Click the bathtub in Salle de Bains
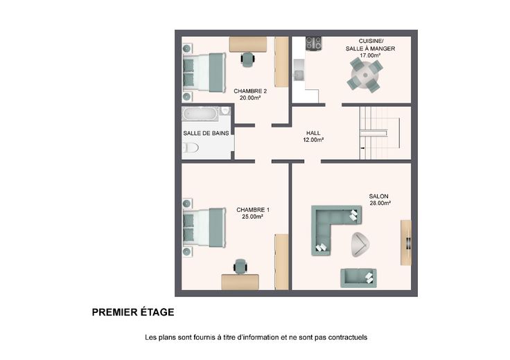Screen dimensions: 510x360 click(200, 114)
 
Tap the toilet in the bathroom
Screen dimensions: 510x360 click(191, 148)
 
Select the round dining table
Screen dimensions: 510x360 click(365, 75)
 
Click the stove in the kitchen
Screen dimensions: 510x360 click(313, 43)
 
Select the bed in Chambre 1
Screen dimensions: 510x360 click(204, 228)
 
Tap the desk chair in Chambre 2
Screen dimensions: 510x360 click(248, 59)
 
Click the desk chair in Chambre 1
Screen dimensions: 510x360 click(240, 267)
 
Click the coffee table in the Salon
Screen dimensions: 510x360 click(360, 244)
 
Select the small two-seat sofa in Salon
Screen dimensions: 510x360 click(358, 278)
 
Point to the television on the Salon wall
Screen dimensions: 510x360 click(409, 243)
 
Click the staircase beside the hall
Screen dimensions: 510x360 click(380, 133)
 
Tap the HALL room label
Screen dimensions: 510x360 click(313, 133)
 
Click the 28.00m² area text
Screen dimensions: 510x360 click(380, 203)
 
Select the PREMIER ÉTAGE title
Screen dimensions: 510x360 click(133, 312)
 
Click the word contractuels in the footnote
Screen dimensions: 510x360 click(348, 337)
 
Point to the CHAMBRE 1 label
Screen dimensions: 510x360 click(253, 210)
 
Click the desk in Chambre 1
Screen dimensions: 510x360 click(240, 282)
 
